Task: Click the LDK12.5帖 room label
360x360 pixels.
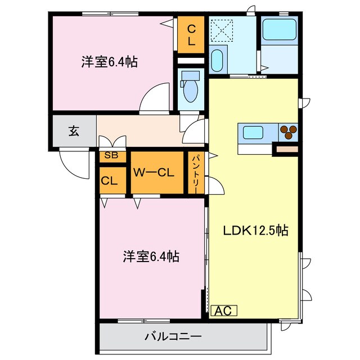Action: tap(256, 230)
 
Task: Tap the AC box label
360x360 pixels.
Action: tap(224, 310)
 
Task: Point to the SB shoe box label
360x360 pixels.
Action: tap(111, 156)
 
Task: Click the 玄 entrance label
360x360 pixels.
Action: tap(74, 131)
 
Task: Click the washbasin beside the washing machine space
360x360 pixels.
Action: tap(217, 60)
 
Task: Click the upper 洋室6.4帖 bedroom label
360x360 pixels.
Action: tap(109, 62)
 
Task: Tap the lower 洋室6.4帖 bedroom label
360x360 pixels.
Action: tap(151, 257)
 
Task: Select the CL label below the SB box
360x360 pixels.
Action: tap(109, 181)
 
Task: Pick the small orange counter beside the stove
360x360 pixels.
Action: tap(285, 149)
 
